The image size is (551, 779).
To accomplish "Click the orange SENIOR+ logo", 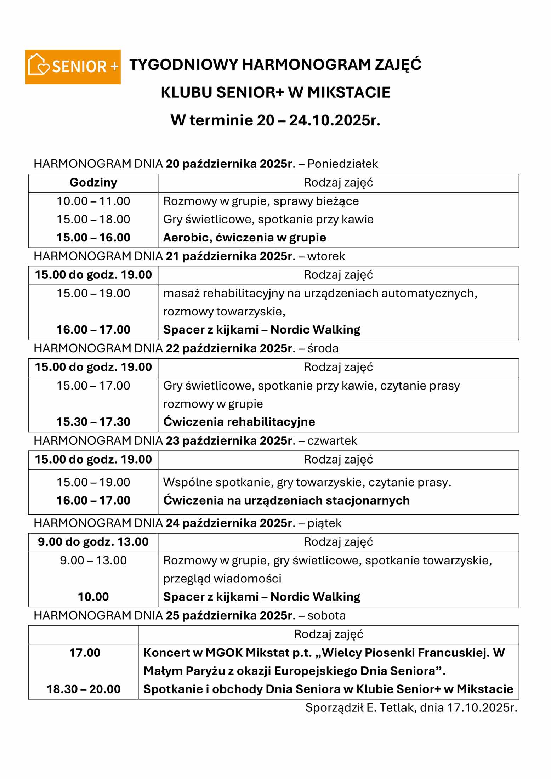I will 73,67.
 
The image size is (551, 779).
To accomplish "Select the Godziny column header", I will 93,183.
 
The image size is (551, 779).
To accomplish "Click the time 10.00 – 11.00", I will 93,201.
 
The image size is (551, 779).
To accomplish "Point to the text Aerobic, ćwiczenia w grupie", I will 244,238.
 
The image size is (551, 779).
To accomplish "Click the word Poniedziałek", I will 342,164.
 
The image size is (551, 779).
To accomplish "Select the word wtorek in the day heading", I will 326,256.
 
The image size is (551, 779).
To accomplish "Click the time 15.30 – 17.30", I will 93,422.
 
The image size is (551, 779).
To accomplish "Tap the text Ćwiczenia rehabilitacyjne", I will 239,422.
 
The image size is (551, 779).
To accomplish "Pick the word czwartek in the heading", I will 332,440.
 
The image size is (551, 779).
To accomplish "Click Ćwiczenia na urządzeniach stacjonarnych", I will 286,500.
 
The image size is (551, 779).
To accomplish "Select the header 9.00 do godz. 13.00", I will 93,542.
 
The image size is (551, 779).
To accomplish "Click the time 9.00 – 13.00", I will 93,560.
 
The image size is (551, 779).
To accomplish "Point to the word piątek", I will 324,523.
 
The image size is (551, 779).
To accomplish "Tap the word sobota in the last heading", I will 326,615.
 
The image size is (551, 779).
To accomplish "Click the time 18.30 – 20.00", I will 84,689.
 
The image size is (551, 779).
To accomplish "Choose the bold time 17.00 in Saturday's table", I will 85,653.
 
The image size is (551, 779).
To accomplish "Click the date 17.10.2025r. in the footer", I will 482,707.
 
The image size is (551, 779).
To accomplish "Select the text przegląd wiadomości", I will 222,579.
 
